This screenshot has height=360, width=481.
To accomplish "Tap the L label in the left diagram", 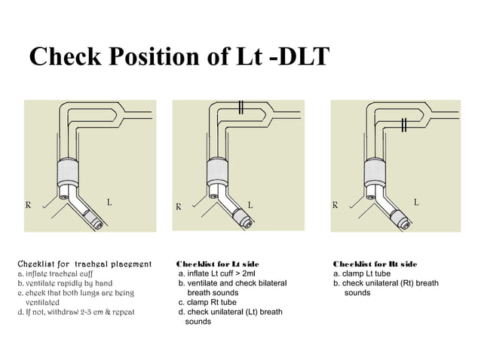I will pyautogui.click(x=109, y=202).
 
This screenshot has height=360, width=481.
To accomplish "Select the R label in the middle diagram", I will pyautogui.click(x=179, y=205).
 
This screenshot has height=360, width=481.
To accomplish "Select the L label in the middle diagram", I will pyautogui.click(x=250, y=204).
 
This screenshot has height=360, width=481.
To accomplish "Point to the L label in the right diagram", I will pyautogui.click(x=416, y=202).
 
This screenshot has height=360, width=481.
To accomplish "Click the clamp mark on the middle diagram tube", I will pyautogui.click(x=240, y=106).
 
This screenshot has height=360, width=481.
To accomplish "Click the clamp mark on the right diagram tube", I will pyautogui.click(x=405, y=124).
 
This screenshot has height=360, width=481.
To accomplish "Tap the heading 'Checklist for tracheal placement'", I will pyautogui.click(x=84, y=264).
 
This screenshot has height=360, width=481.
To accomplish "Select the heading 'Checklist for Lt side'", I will pyautogui.click(x=218, y=264).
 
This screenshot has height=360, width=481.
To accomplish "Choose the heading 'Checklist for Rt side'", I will pyautogui.click(x=375, y=264).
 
